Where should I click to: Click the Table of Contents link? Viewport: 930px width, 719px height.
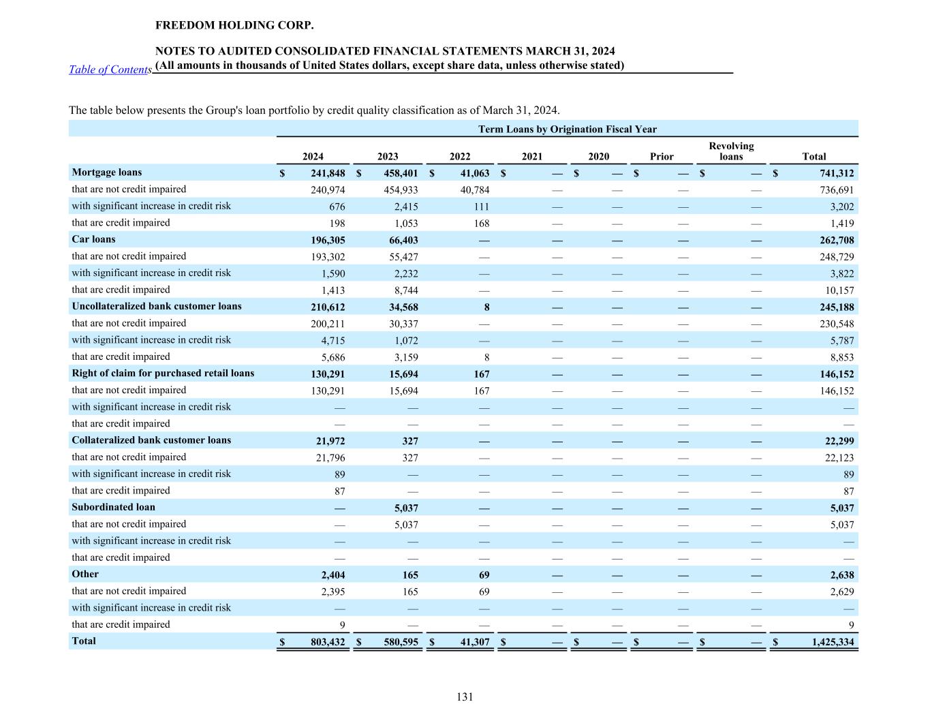click(x=110, y=70)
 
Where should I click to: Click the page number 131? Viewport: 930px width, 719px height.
click(x=465, y=697)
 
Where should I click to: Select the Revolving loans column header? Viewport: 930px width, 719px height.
click(x=731, y=151)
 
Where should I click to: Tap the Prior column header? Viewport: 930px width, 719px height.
click(x=662, y=157)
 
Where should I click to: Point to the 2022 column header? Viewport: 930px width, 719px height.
click(x=460, y=157)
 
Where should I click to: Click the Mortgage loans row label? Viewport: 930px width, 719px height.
click(x=107, y=172)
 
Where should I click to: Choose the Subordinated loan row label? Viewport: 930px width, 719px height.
click(x=113, y=507)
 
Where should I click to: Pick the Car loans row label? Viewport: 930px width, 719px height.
click(x=94, y=239)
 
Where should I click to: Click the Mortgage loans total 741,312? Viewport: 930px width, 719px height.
click(x=836, y=173)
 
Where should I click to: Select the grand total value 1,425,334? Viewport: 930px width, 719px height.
click(x=832, y=642)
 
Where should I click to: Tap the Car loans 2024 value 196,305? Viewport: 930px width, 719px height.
click(x=328, y=240)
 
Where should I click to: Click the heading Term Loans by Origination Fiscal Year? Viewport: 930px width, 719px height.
click(x=567, y=129)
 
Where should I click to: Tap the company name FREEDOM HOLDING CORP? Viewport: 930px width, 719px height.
click(x=234, y=25)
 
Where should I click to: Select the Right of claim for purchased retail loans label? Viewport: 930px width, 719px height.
click(x=163, y=373)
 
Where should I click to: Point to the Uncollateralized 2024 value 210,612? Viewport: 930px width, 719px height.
click(x=328, y=307)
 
